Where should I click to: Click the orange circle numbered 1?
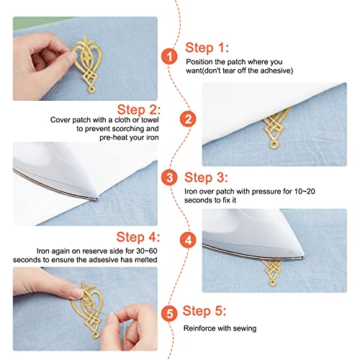(x=169, y=57)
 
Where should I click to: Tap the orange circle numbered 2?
(x=188, y=119)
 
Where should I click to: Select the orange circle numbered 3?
(x=169, y=178)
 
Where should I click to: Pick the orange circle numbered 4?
(x=188, y=240)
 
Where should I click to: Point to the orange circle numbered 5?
(x=169, y=313)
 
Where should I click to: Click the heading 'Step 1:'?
(x=207, y=48)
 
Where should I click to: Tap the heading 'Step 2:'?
(x=139, y=109)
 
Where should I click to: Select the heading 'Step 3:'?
(x=206, y=178)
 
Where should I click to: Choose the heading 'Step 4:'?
(x=138, y=237)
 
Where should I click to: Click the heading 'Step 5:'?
(x=204, y=311)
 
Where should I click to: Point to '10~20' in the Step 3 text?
(x=305, y=192)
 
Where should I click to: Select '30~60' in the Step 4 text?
(x=147, y=251)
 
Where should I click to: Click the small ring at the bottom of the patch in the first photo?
(x=91, y=90)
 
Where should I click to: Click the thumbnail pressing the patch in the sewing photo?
(x=78, y=293)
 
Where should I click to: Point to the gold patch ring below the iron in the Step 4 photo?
(x=272, y=283)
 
